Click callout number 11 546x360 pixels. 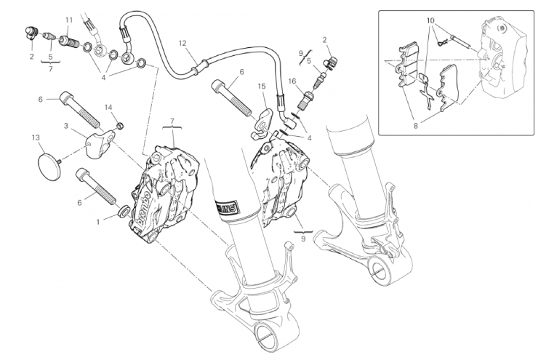coord(69,20)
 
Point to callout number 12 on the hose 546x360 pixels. coord(182,43)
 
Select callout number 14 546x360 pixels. coord(108,108)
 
